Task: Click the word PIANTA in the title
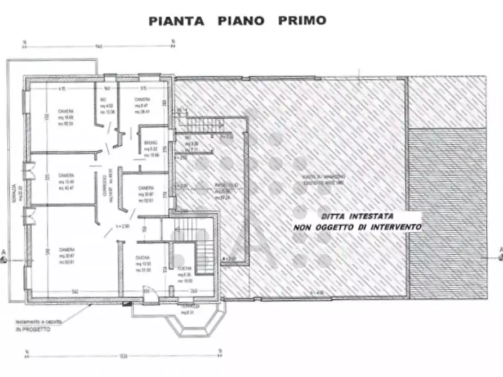[x=177, y=21]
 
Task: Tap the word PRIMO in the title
[x=302, y=21]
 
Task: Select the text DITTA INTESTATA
[x=357, y=216]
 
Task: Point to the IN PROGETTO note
[x=33, y=329]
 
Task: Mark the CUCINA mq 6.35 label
[x=185, y=274]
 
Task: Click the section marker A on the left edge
[x=3, y=255]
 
